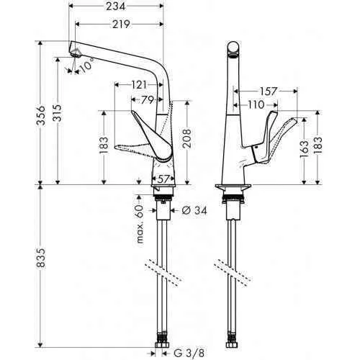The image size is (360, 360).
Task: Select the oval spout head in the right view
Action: click(x=233, y=48)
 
